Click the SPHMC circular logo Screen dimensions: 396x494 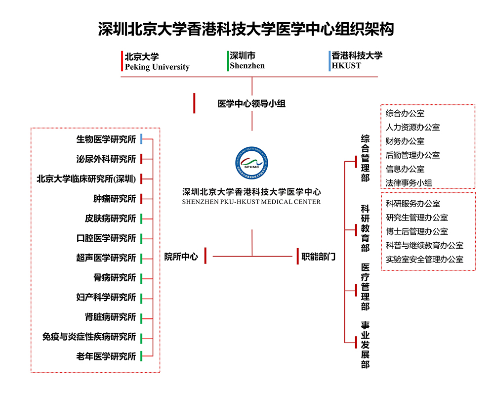coord(252,165)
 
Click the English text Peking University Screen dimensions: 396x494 coord(157,67)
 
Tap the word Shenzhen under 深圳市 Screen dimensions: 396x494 coord(247,66)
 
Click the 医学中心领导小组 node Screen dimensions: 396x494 coord(251,104)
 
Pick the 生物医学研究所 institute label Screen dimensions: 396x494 coord(106,139)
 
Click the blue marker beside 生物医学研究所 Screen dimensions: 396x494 coord(141,139)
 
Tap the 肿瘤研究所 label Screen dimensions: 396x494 coord(114,198)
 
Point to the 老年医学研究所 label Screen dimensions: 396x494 coord(106,356)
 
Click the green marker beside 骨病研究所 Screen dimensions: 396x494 coord(141,278)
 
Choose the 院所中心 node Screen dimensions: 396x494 coord(181,257)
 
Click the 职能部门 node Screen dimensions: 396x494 coord(319,257)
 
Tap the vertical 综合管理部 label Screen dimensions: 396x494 coord(365,158)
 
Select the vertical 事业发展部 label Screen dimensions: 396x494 coord(365,345)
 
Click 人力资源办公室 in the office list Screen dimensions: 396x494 coord(412,127)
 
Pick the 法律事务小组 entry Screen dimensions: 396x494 coord(409,182)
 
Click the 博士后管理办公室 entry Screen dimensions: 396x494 coord(417,231)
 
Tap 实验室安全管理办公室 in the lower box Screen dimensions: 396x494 coord(424,259)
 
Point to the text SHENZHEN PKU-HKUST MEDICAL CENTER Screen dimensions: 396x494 coord(251,202)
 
